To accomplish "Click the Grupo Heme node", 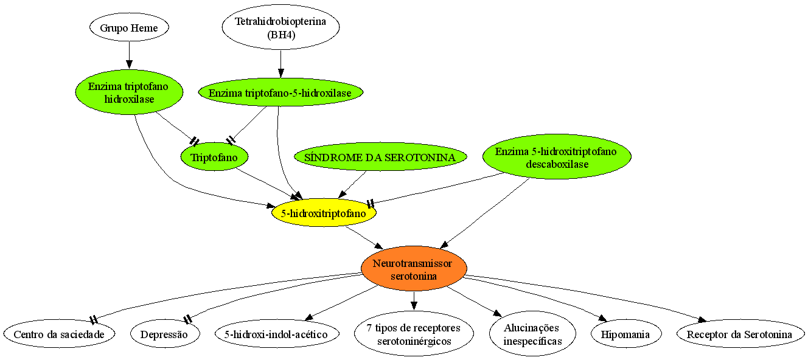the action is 129,28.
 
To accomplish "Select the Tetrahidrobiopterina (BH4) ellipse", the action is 280,27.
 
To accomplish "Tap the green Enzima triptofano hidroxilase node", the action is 129,92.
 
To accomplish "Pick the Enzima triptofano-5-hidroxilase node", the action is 280,92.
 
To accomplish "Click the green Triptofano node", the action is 214,157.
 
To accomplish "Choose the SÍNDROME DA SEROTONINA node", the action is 380,157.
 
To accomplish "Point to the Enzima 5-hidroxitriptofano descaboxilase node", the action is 557,157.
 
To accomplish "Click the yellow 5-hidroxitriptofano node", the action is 324,213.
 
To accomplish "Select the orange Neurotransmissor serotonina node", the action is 414,269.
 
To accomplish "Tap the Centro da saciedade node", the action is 59,334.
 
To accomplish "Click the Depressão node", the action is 164,334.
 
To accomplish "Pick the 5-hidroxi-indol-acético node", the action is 277,334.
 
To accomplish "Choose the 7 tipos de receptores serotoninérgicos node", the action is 414,334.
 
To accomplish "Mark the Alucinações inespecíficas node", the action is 532,334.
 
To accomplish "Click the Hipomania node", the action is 626,334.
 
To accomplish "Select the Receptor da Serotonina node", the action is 740,334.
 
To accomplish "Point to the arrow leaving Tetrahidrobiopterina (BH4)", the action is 280,64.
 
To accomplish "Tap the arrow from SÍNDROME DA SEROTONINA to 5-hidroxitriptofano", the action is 352,184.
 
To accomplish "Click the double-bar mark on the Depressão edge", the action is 187,319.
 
